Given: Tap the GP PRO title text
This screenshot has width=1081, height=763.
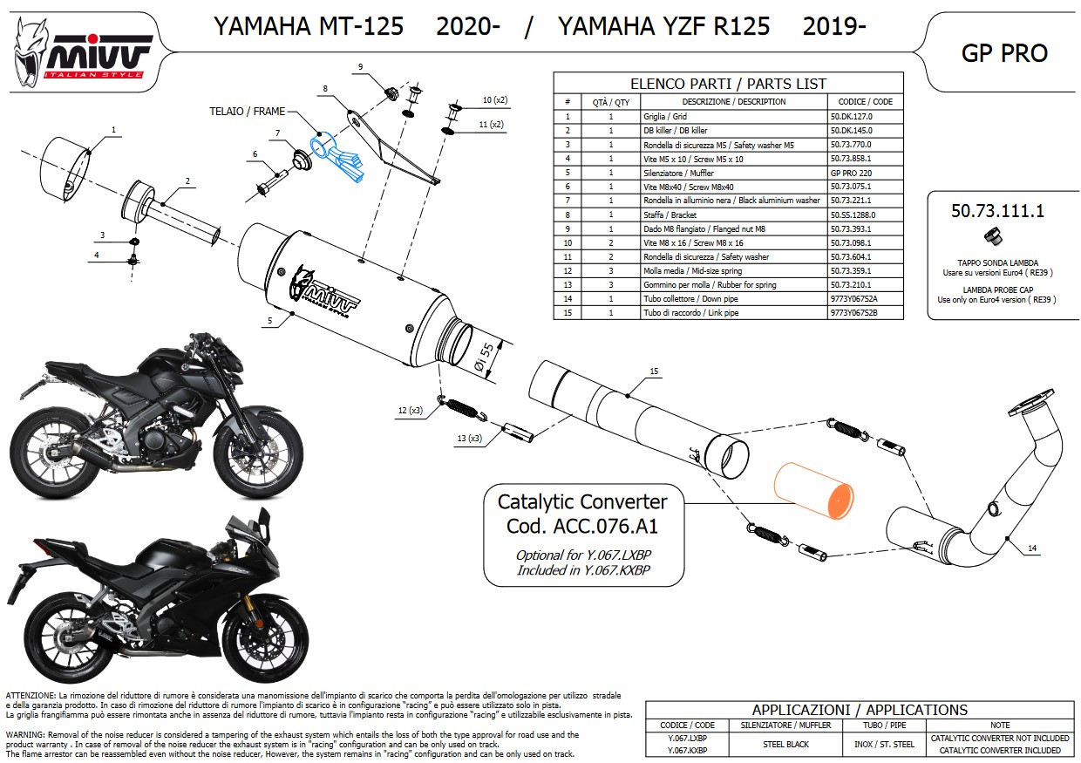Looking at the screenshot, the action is (x=1004, y=53).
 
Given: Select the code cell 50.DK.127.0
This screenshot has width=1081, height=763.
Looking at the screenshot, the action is (x=851, y=116).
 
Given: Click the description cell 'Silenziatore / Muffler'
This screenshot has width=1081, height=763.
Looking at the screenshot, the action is (x=678, y=173).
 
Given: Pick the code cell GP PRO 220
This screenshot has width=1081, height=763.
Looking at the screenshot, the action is (x=851, y=173).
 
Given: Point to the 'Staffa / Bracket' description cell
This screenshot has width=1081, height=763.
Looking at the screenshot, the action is (x=670, y=215).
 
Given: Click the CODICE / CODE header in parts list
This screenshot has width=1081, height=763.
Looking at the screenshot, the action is (x=866, y=102).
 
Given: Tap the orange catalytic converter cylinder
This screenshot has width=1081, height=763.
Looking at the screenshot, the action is (x=813, y=491).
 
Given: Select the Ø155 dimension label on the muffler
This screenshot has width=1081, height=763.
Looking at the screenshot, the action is (x=485, y=357).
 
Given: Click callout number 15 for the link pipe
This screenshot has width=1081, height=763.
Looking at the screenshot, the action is (x=654, y=371).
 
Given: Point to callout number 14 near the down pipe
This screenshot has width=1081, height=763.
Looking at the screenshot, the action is (x=1032, y=548).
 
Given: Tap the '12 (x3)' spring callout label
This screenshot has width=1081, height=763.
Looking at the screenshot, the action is (x=411, y=410).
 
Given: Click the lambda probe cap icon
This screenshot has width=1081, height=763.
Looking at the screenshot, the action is (x=993, y=236).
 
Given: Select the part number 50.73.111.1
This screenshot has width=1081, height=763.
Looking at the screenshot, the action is (x=997, y=211).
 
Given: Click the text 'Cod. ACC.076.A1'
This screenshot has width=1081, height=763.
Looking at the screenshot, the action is (x=582, y=526).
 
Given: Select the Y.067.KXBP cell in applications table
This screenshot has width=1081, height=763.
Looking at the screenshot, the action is (x=687, y=751).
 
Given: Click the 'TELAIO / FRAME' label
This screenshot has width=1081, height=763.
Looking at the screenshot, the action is (x=247, y=112).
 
